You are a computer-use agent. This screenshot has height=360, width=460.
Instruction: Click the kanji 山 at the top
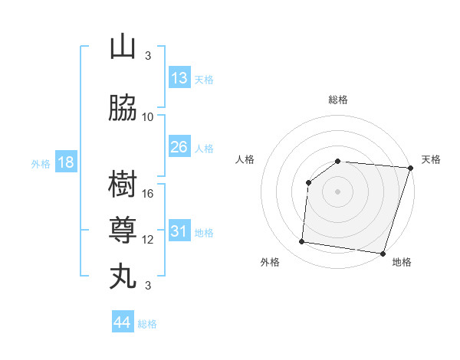[123, 47]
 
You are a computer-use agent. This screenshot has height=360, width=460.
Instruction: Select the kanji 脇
[123, 109]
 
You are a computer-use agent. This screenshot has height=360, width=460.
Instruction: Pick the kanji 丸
[123, 277]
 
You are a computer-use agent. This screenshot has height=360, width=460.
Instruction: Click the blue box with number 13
[179, 77]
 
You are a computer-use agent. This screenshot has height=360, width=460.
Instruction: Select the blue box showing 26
[179, 146]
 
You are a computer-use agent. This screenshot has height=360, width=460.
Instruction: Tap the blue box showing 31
[179, 231]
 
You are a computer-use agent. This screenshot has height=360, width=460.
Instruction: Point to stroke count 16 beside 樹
[149, 193]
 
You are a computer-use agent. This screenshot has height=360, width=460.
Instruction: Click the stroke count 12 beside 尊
[149, 239]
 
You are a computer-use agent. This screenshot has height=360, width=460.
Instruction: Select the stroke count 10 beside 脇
[149, 116]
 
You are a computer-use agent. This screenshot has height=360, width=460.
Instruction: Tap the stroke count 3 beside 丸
[148, 285]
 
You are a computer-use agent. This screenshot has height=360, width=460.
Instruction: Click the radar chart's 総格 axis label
[337, 100]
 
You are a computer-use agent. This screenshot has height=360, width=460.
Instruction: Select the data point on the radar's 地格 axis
[383, 254]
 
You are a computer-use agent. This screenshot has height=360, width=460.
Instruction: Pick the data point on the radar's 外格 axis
[302, 242]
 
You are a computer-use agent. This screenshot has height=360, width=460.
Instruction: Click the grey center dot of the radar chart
[337, 191]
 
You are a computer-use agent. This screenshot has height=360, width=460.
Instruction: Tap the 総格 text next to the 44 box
[147, 324]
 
